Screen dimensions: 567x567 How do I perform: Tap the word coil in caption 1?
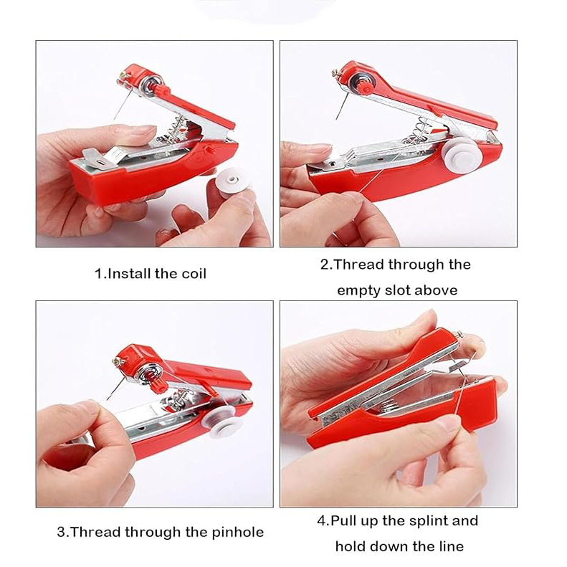pyautogui.click(x=194, y=274)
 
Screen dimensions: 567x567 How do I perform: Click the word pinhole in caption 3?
pyautogui.click(x=238, y=533)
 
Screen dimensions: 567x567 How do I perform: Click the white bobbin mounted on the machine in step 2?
pyautogui.click(x=462, y=154)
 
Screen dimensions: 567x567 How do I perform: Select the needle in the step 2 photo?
pyautogui.click(x=342, y=106)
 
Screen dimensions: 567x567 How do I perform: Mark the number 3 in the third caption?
pyautogui.click(x=61, y=533)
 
